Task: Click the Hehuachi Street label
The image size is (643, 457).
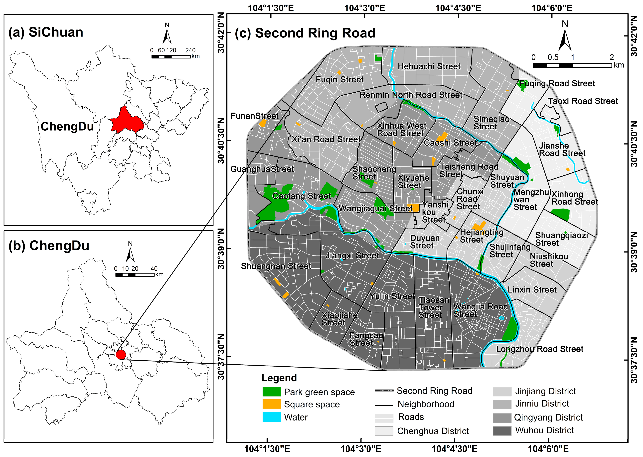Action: click(x=429, y=66)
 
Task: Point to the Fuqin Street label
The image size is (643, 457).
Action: click(x=339, y=80)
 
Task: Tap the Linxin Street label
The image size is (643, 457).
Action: click(x=532, y=290)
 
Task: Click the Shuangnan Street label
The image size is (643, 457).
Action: click(x=276, y=266)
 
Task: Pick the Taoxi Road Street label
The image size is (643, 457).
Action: click(x=583, y=101)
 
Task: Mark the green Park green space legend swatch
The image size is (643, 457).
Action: click(x=271, y=392)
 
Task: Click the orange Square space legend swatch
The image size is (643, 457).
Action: click(x=271, y=404)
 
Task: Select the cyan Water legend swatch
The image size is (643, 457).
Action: click(x=271, y=417)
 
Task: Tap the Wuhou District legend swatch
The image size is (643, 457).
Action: click(x=502, y=431)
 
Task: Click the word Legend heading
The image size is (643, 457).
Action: click(x=279, y=378)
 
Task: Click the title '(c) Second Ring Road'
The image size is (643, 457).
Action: click(x=305, y=33)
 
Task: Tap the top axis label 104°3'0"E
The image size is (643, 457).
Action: click(x=364, y=8)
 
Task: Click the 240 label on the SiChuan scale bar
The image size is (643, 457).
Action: click(x=190, y=50)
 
